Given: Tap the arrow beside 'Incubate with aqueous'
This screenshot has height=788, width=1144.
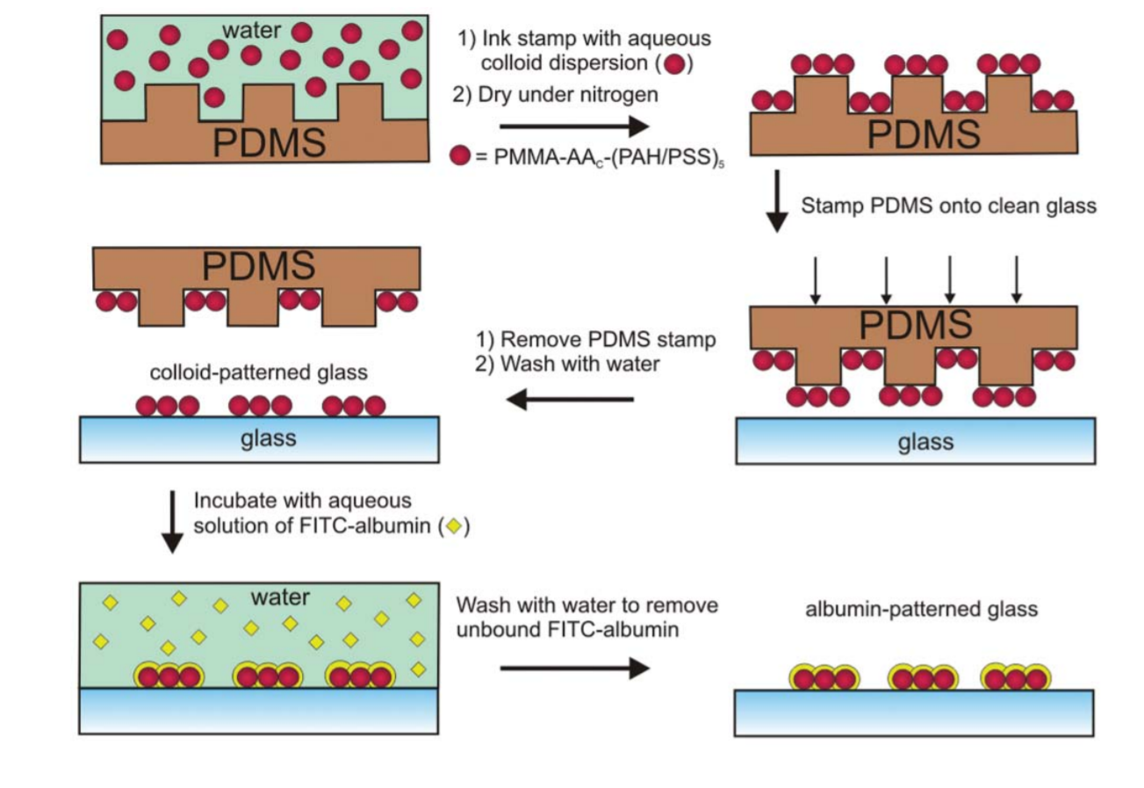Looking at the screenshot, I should coord(173,523).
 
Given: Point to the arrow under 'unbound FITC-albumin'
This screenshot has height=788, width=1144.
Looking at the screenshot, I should coord(574,669).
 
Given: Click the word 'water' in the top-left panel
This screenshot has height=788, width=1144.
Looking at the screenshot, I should coord(251,31).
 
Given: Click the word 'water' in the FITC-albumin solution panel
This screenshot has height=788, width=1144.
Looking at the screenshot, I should coord(279,598).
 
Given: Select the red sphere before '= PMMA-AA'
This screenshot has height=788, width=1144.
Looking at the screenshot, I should coord(460,157).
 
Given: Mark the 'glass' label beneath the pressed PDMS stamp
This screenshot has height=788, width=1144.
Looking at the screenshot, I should coord(925,441).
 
